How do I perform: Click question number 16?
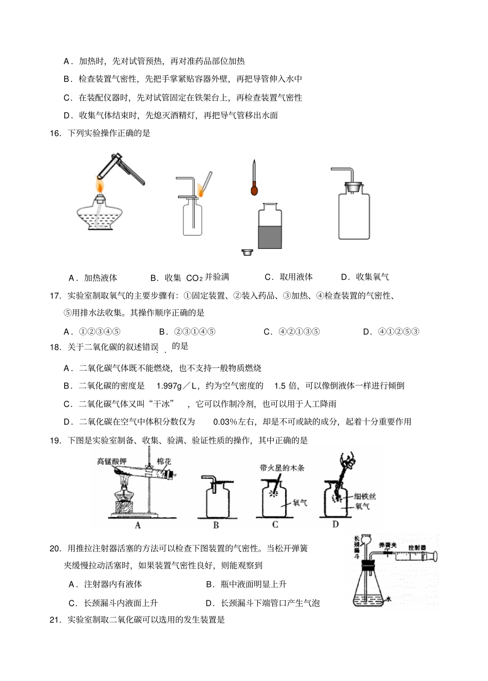(55, 133)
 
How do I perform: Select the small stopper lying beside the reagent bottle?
(248, 252)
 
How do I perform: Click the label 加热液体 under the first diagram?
(101, 278)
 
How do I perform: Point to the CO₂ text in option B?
(194, 278)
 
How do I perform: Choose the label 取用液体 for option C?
(296, 277)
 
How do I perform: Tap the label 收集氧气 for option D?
(372, 277)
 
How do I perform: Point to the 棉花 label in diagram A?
(164, 461)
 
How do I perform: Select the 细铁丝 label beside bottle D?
(365, 496)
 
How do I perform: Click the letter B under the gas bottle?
(216, 525)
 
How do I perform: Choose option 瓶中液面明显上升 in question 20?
(253, 584)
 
